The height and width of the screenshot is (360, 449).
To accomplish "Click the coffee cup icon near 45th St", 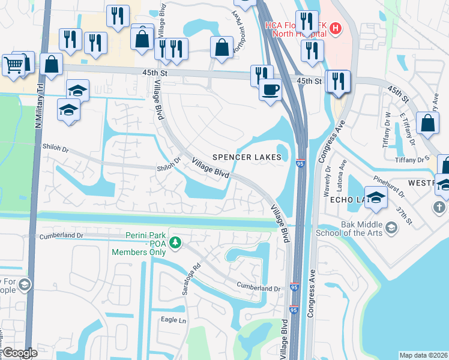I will point(270,91).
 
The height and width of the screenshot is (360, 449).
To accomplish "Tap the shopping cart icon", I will point(13,64).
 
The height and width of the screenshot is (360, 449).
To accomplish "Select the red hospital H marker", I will point(335,28).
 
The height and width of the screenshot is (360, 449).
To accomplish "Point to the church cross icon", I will point(439,207).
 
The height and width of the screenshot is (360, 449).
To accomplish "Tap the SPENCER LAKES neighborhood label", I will point(247,157).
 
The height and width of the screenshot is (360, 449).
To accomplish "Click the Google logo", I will point(20,353).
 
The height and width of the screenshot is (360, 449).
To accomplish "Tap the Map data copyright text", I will point(423,355).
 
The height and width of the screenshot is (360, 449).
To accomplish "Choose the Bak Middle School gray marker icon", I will point(391,227).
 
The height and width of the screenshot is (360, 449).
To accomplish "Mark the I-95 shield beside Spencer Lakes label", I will point(300,163).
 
